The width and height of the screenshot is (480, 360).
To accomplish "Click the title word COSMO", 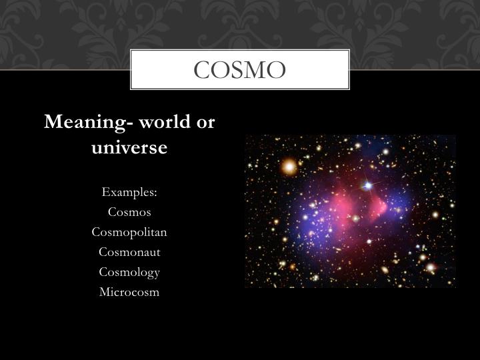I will click(x=240, y=69).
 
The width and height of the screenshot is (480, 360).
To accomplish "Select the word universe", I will click(x=129, y=147).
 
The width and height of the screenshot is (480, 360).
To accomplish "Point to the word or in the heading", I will click(x=205, y=123).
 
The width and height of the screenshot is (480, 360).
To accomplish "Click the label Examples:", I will click(x=129, y=193).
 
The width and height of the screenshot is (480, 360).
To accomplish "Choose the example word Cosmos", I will click(x=129, y=213).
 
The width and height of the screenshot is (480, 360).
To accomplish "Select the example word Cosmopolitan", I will click(x=129, y=233).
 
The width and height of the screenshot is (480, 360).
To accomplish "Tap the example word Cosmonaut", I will click(x=129, y=253).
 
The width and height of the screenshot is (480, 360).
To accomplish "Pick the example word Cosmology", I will click(x=129, y=272).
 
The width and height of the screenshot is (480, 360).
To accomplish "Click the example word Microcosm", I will click(x=129, y=292).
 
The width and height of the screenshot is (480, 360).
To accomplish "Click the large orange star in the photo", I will click(x=289, y=166).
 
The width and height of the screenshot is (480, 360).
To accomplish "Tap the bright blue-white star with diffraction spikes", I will click(x=367, y=185).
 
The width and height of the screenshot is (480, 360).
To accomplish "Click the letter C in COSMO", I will click(x=202, y=69).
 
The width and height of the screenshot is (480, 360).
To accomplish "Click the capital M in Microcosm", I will click(x=104, y=292).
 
